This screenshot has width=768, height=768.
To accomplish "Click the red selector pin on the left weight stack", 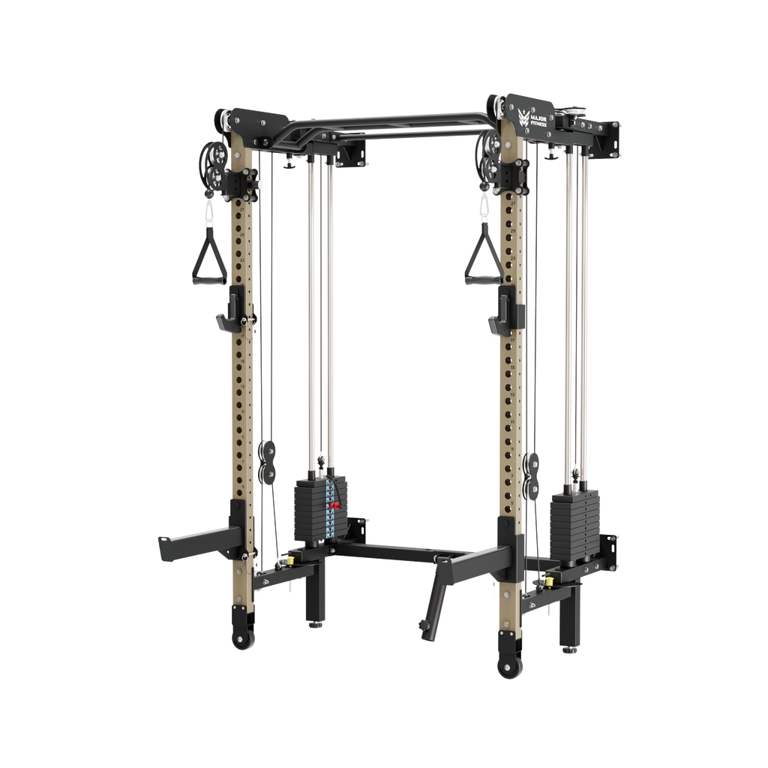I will click(x=333, y=508).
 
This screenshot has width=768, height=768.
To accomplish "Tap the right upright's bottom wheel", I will click(x=509, y=665).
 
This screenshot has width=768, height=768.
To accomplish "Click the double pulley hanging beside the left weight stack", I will click(x=267, y=462).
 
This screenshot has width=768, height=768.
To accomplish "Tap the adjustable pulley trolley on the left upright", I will click(x=242, y=181).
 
